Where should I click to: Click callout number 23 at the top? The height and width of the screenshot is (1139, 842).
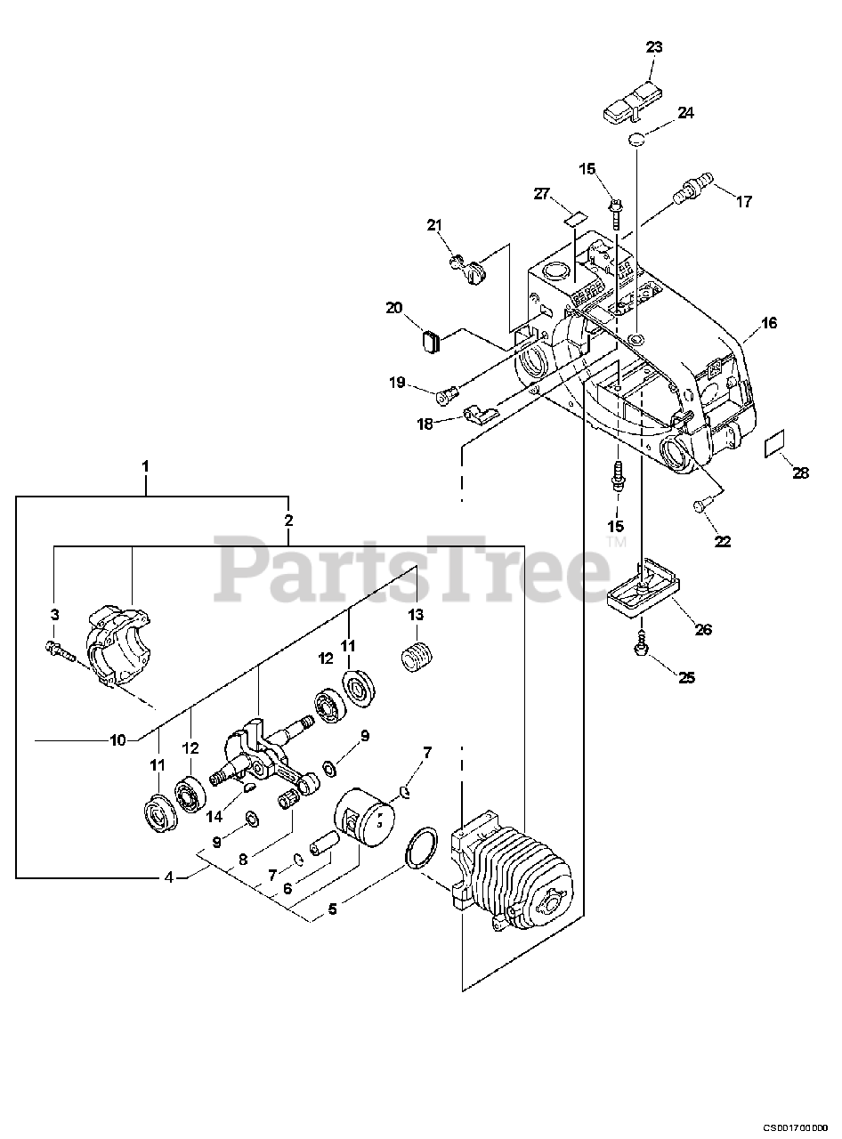pos(654,48)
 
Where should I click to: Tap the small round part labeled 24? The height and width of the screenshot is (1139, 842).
pos(636,138)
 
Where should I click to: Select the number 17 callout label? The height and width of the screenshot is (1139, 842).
pos(744,202)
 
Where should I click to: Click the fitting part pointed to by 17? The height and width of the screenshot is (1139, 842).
pos(692,188)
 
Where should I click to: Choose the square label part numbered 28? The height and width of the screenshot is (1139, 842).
pos(776,444)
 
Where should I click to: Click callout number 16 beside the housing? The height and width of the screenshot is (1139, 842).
pos(769,323)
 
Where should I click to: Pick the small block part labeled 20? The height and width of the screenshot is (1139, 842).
pos(431,341)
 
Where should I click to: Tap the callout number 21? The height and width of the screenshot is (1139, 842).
pos(434,225)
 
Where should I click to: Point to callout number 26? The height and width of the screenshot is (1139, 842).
pos(703,629)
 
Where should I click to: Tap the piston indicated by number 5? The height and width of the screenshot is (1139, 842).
pos(365,820)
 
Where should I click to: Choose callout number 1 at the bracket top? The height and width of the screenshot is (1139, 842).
pos(145,466)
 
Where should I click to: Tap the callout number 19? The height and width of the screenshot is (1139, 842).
pos(397,383)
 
